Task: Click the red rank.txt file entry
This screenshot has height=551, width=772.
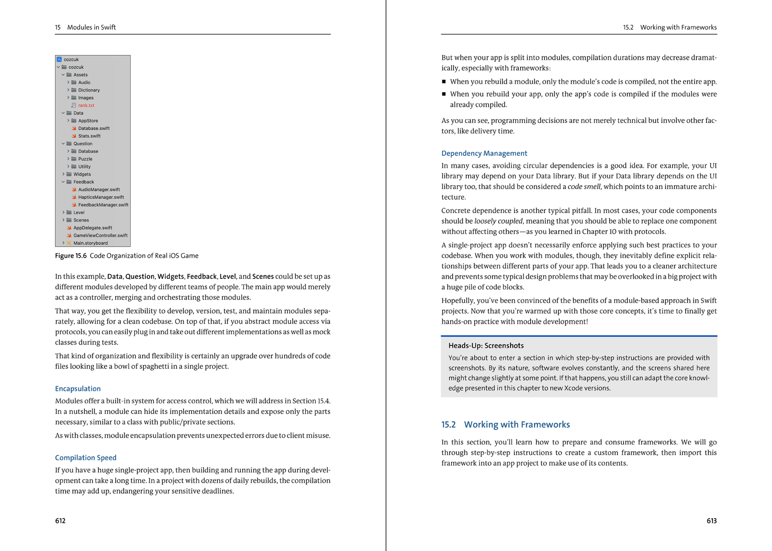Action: point(86,105)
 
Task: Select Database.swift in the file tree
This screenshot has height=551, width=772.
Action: point(94,128)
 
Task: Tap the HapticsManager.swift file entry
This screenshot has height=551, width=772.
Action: point(101,197)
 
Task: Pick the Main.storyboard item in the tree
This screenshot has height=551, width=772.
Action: point(90,243)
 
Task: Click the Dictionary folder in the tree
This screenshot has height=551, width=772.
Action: point(89,90)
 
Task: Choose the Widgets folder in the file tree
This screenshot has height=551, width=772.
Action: point(82,174)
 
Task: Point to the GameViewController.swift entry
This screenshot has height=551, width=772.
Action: point(100,235)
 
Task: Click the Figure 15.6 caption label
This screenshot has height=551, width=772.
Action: point(71,256)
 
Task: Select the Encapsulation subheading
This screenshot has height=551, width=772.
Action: point(78,388)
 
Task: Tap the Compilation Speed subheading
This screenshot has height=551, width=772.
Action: point(85,457)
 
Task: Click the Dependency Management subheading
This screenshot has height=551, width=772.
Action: point(484,153)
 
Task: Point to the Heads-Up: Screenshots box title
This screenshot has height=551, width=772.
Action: point(486,345)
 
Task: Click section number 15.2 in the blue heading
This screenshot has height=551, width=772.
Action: point(448,425)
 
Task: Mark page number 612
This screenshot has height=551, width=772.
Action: point(60,521)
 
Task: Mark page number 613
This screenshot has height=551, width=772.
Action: point(712,521)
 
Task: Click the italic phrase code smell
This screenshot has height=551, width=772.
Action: point(584,187)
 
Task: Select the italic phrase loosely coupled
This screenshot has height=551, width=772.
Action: point(498,221)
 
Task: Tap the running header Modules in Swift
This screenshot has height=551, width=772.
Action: point(91,28)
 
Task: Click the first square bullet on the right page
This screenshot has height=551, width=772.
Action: point(444,82)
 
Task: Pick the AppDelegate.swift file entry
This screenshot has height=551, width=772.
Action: point(92,228)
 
